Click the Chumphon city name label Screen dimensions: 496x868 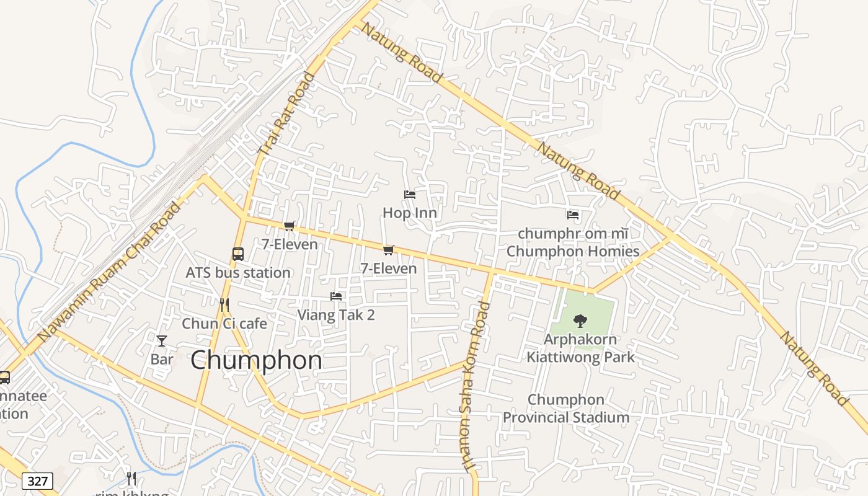coord(256,360)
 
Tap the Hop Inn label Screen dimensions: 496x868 coord(409,213)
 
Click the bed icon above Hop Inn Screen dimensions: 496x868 coord(409,195)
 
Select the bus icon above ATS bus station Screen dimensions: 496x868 coord(238,254)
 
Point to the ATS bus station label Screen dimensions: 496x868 coord(238,272)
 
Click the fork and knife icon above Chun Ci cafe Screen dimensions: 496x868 coord(224,304)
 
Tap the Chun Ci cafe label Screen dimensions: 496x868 coord(224,323)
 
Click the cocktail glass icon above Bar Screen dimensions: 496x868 coord(162,340)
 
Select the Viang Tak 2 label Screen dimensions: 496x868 coord(336,314)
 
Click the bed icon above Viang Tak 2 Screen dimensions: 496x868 coord(336,296)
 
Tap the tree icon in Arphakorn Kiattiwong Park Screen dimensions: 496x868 coord(580,321)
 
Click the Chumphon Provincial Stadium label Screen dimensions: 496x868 coord(565,408)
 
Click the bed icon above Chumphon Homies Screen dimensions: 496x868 coord(573,215)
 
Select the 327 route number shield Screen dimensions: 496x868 coord(37,480)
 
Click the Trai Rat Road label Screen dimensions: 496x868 coord(286,113)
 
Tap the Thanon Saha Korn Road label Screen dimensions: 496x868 coord(474,387)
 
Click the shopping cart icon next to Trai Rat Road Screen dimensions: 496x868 coord(289,226)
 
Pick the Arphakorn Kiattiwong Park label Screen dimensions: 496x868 coord(580,348)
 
